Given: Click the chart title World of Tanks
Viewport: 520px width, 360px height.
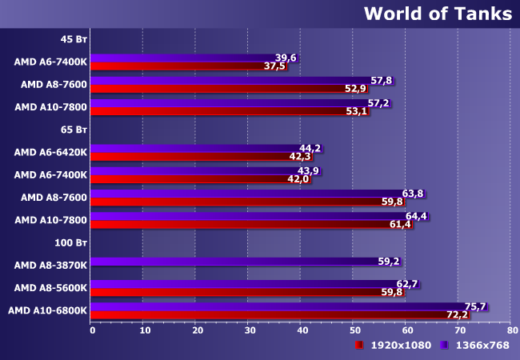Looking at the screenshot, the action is click(x=438, y=14).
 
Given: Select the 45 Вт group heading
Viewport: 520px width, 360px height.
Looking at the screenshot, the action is click(x=74, y=39).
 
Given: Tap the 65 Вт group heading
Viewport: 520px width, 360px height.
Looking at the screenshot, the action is click(x=74, y=130).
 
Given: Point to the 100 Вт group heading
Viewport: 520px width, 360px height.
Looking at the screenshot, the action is click(x=70, y=242).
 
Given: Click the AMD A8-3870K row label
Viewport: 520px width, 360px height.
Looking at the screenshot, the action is click(x=50, y=265).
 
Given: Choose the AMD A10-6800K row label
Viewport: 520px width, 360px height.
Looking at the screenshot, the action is click(x=47, y=310).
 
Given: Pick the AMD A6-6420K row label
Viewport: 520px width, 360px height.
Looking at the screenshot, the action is click(x=50, y=152).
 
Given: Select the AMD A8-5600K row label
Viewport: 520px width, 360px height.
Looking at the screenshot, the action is click(x=50, y=288).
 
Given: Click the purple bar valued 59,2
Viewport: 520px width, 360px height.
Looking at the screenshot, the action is click(x=246, y=262).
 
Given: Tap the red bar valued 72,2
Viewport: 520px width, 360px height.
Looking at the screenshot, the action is click(x=280, y=315).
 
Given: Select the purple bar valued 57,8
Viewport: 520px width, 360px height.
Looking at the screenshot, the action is click(x=242, y=81).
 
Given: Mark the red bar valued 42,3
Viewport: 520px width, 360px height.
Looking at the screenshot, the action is click(x=202, y=157).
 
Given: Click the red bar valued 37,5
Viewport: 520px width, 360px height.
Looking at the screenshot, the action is click(x=189, y=66).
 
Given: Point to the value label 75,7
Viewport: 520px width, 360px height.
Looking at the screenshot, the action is click(x=475, y=306).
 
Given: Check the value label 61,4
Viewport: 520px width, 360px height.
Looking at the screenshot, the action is click(x=400, y=225).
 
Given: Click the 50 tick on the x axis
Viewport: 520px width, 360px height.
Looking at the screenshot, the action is click(x=355, y=330).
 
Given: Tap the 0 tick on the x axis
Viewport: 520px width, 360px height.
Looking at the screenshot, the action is click(x=93, y=330).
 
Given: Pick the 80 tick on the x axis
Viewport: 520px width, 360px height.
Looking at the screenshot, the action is click(x=512, y=330).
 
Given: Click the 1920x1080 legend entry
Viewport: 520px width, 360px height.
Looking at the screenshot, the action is click(x=393, y=345).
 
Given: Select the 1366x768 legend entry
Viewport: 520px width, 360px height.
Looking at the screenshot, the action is click(x=474, y=345).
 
